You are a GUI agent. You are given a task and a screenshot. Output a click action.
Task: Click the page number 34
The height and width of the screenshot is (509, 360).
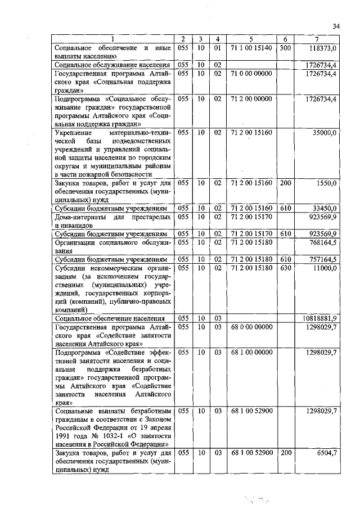(336, 26)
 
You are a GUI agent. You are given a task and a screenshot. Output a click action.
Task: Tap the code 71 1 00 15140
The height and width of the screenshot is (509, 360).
(251, 49)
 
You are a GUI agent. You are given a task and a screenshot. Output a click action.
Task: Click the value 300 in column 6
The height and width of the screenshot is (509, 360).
(285, 49)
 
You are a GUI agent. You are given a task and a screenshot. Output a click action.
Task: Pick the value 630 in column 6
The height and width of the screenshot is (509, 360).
(285, 268)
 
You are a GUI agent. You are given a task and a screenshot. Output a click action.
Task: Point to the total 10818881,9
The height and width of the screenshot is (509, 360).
(319, 318)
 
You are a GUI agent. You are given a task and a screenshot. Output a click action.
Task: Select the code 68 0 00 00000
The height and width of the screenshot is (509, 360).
(251, 327)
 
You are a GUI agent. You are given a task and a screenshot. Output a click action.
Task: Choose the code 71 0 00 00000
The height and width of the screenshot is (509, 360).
(251, 74)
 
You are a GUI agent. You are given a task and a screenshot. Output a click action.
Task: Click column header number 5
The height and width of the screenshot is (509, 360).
(251, 39)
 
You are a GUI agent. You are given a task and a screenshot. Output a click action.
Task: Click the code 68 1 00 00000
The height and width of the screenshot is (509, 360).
(251, 352)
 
